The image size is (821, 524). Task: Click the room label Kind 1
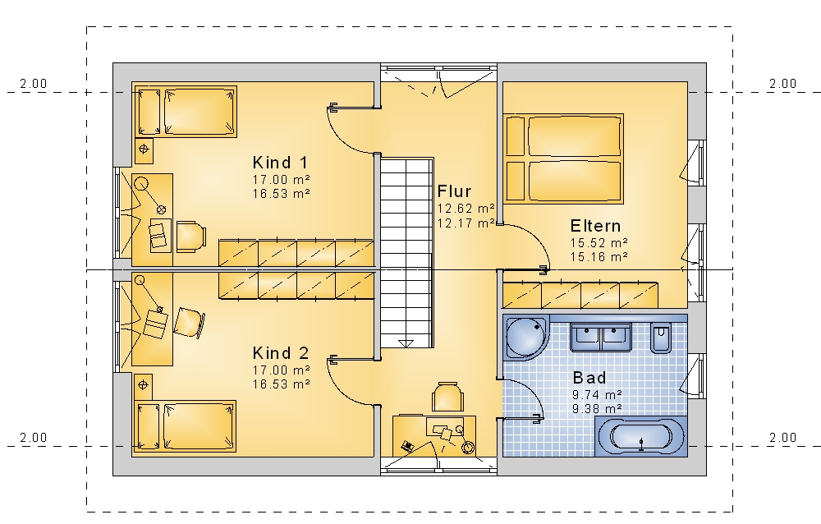pos(280,163)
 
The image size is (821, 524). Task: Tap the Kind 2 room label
pos(280,352)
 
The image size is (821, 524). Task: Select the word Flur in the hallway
pos(455,191)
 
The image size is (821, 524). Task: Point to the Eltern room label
pos(595,226)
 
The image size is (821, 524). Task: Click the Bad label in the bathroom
pos(589,377)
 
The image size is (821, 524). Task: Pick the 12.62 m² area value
pos(466,209)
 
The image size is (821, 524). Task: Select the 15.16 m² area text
pos(599,257)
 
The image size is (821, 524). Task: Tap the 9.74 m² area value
pos(597,394)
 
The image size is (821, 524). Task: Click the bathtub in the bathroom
pos(641,436)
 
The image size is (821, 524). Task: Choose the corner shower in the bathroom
pos(526,337)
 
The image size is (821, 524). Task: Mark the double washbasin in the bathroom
pos(601,337)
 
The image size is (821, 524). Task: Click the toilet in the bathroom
pos(661,338)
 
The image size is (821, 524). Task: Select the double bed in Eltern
pos(563,159)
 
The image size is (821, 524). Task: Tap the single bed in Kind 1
pos(186,113)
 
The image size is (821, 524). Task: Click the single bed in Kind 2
pos(186,426)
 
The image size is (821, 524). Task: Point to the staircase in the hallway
pos(407,253)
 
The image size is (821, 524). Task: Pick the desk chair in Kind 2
pos(189,322)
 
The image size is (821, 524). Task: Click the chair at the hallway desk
pos(447,398)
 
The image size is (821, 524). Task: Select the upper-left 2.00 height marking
pos(34,83)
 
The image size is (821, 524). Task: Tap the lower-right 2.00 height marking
pos(782,438)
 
